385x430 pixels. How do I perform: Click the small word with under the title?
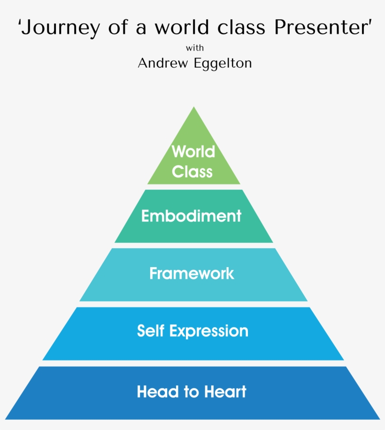[x=194, y=47]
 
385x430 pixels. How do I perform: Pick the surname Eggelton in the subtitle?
[x=223, y=63]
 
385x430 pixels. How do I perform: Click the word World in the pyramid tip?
[x=193, y=152]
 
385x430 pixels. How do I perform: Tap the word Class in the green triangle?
[x=192, y=172]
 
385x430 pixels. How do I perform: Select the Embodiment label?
[x=192, y=216]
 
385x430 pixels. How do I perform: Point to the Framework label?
[x=192, y=273]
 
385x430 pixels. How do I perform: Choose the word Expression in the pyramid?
[x=209, y=331]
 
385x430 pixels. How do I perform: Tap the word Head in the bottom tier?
[x=154, y=392]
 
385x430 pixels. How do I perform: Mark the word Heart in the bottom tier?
[x=226, y=392]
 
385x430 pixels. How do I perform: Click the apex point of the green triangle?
[x=193, y=107]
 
